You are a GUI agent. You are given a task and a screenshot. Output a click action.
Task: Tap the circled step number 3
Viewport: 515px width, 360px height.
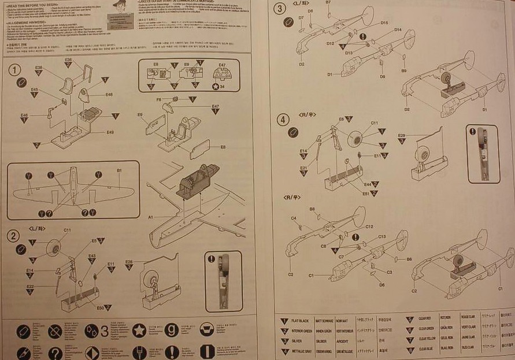point(281,9)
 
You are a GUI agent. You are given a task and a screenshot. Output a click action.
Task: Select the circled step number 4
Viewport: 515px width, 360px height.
point(282,120)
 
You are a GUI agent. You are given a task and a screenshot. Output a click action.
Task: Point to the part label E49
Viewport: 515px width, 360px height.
point(110,132)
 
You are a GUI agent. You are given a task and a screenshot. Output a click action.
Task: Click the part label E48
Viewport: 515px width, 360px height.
point(109,94)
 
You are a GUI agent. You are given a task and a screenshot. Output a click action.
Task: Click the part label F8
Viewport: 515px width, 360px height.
point(158,100)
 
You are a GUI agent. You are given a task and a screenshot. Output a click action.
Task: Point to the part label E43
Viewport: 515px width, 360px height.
point(91,256)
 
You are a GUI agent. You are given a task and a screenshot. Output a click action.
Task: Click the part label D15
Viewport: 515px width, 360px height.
point(384,23)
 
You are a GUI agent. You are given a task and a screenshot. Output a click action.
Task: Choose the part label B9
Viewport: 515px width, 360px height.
point(404,70)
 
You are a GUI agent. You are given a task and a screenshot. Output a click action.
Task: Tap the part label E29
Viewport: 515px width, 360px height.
point(402,135)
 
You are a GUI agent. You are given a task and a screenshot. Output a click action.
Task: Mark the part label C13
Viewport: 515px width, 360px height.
point(381,237)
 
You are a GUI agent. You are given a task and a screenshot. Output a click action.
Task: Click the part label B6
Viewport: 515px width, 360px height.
point(409,259)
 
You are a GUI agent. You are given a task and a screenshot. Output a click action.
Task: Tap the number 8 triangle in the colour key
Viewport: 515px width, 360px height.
point(410,348)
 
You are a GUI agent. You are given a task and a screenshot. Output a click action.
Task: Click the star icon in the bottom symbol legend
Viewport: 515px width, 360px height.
point(139,331)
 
